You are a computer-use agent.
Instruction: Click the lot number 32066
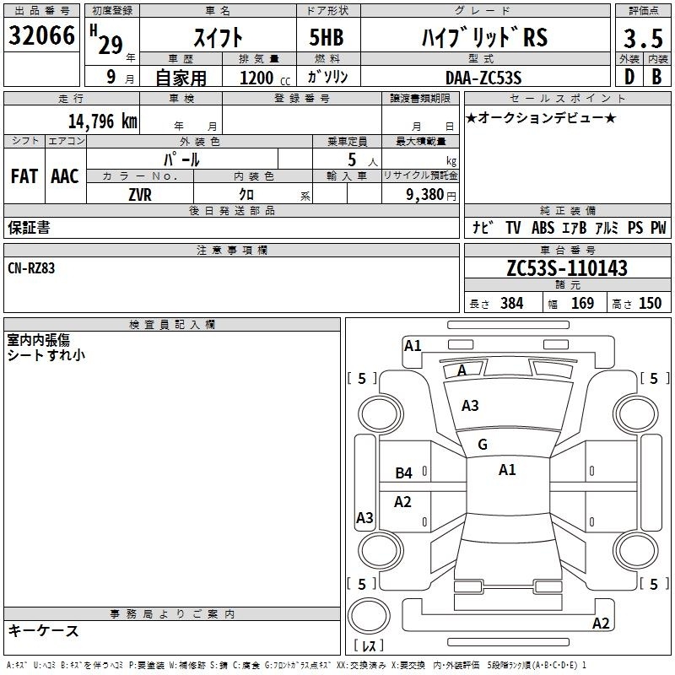click(x=41, y=35)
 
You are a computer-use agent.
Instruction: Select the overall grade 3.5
click(x=643, y=38)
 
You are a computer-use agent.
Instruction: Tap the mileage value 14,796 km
click(x=103, y=121)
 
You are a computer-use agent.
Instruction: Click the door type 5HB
click(x=327, y=37)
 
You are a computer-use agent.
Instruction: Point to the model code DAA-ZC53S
click(x=483, y=78)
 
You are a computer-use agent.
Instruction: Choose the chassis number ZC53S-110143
click(x=567, y=267)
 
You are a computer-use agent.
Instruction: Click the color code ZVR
click(x=140, y=195)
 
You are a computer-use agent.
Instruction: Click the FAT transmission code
click(x=24, y=176)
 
